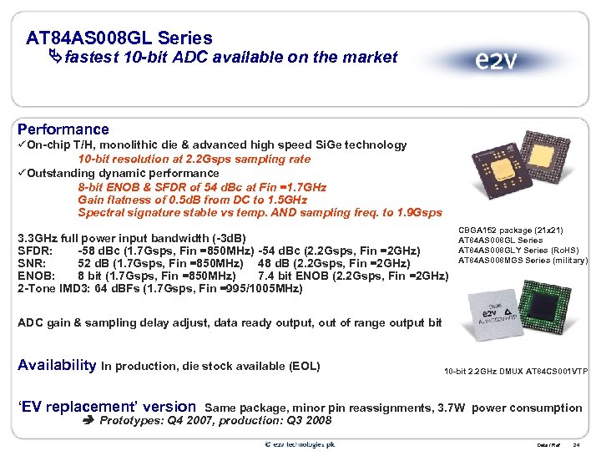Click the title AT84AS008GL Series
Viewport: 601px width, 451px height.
tap(119, 38)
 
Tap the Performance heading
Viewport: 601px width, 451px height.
tap(63, 129)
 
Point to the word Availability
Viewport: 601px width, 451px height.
tap(57, 365)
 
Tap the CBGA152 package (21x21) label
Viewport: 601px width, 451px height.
tap(523, 231)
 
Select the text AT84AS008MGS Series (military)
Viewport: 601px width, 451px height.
tap(523, 261)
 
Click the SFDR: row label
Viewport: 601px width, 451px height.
tap(36, 251)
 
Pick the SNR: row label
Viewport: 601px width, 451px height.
tap(33, 263)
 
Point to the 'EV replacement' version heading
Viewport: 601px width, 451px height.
tap(106, 408)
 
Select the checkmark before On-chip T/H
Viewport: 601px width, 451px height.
tap(22, 145)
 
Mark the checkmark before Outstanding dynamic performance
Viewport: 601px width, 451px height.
tap(22, 174)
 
